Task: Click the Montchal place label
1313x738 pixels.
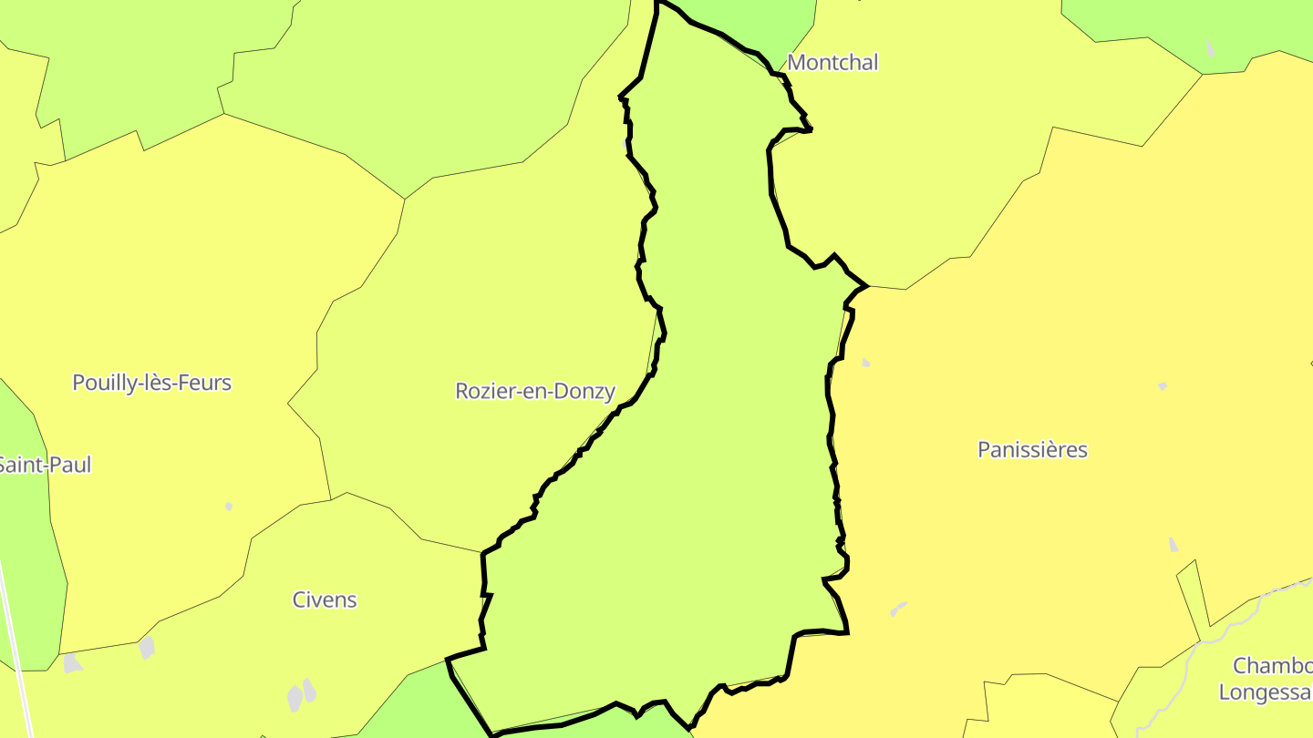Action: click(832, 62)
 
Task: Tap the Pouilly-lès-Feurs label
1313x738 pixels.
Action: click(151, 383)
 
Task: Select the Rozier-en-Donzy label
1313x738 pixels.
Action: click(535, 391)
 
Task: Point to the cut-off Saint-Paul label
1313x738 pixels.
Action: click(45, 465)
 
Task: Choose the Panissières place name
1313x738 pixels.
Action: click(1032, 449)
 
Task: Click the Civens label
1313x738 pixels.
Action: click(325, 600)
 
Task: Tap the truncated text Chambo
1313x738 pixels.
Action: click(1272, 665)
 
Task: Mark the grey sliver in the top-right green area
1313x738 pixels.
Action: click(1210, 49)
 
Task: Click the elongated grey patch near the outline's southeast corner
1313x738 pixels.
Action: click(899, 608)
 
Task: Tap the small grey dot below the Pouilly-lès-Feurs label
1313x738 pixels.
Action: click(229, 506)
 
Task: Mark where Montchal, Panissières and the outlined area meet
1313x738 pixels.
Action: click(867, 286)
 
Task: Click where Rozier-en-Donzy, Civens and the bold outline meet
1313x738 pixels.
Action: click(483, 552)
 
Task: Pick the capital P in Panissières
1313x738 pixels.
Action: click(984, 449)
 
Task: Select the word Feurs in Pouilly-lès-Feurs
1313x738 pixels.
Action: click(206, 383)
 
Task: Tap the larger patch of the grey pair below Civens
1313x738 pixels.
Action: click(295, 699)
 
